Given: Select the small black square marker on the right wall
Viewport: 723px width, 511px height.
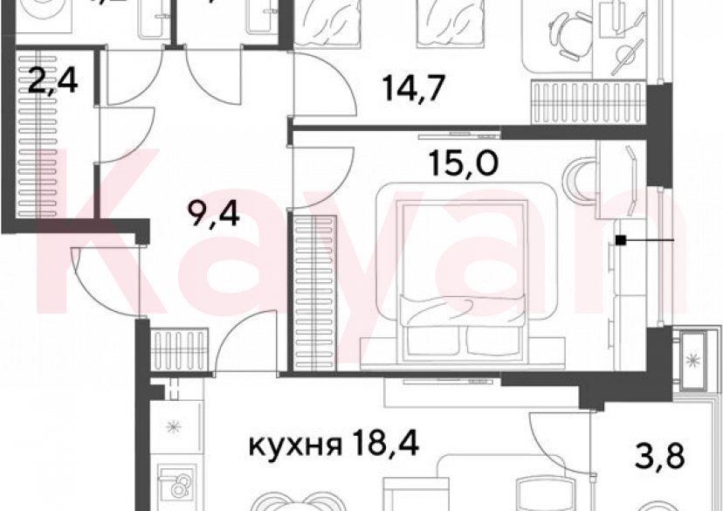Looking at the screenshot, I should coord(620,240).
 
